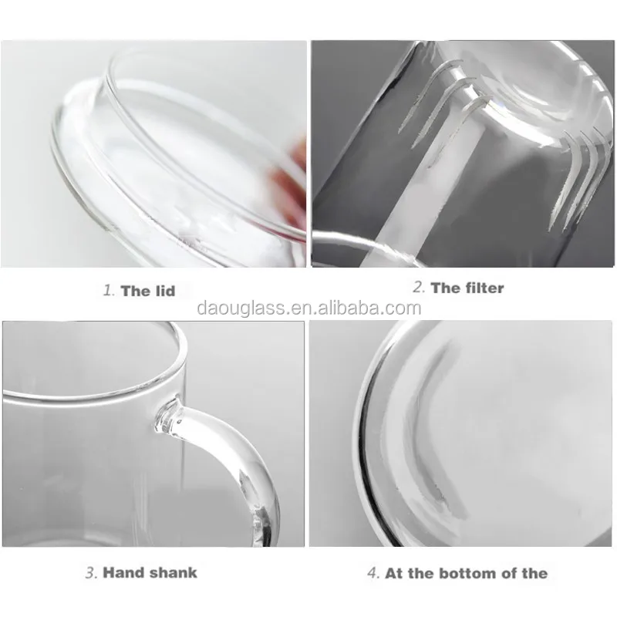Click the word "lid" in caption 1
tap(163, 291)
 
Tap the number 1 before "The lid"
tap(108, 291)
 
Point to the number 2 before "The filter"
tap(418, 288)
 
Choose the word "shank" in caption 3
tap(174, 572)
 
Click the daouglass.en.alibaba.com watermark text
tap(308, 308)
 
